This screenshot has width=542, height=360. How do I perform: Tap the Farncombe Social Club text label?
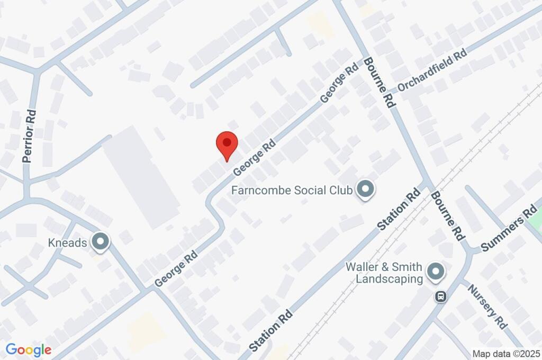(x=292, y=190)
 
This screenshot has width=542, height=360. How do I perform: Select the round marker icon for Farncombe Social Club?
(x=365, y=190)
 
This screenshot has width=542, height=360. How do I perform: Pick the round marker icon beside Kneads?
(x=100, y=242)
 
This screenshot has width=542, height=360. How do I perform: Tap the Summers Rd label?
(x=509, y=230)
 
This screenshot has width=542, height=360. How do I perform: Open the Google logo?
(x=28, y=350)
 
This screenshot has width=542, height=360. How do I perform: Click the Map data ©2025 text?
(x=506, y=354)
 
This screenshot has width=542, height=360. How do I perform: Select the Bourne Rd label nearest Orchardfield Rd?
(x=380, y=84)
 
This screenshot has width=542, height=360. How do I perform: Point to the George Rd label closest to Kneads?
(x=176, y=269)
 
